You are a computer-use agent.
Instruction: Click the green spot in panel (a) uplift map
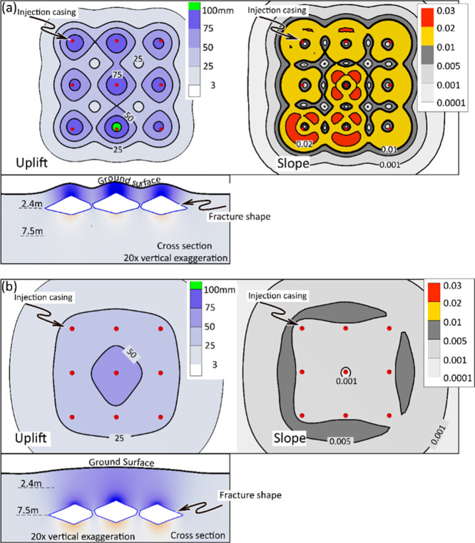116,128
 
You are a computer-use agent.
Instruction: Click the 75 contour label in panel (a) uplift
116,74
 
